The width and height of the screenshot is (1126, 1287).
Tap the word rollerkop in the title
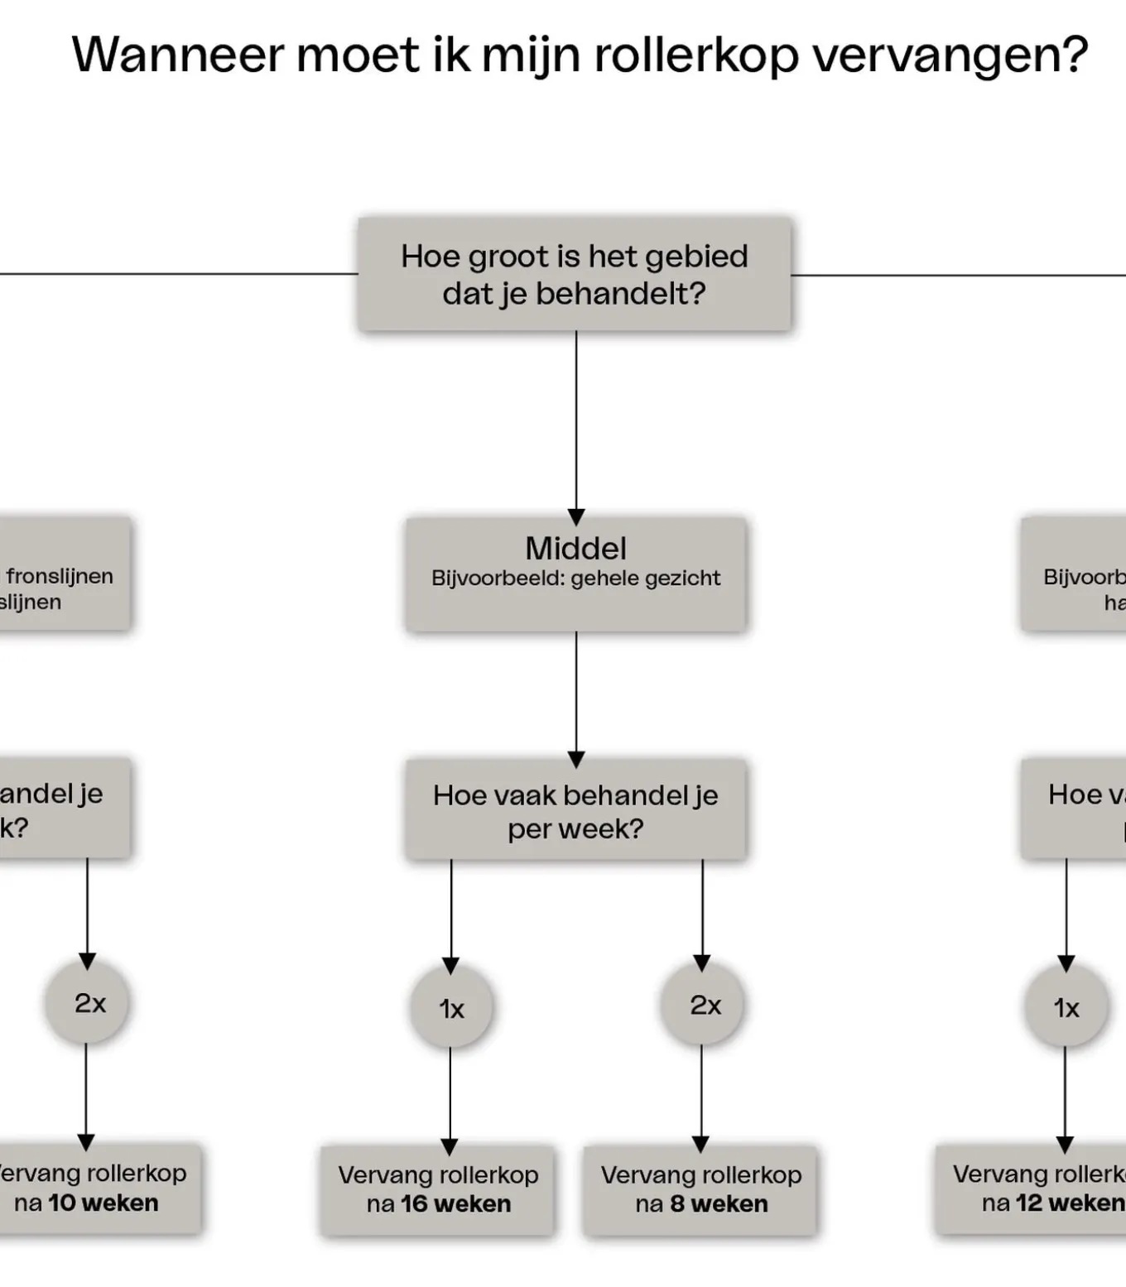[696, 55]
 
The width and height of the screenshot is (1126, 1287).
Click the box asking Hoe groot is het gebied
[575, 274]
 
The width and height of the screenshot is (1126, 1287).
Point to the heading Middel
[575, 548]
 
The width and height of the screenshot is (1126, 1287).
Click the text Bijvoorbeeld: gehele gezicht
[575, 578]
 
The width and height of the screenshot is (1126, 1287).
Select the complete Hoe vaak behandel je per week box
[575, 810]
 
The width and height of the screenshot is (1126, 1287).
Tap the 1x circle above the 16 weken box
[451, 1008]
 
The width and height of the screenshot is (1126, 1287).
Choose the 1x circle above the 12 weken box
[1066, 1007]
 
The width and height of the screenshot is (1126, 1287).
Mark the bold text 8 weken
[719, 1203]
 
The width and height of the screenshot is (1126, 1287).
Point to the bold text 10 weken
[103, 1203]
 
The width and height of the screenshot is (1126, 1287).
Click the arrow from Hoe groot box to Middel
[576, 422]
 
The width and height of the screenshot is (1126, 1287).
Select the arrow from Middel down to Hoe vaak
[576, 695]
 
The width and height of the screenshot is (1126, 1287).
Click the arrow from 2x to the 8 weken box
[701, 1097]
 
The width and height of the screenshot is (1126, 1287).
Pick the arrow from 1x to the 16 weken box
[450, 1097]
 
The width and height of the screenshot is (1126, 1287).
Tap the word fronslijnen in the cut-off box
[60, 575]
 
